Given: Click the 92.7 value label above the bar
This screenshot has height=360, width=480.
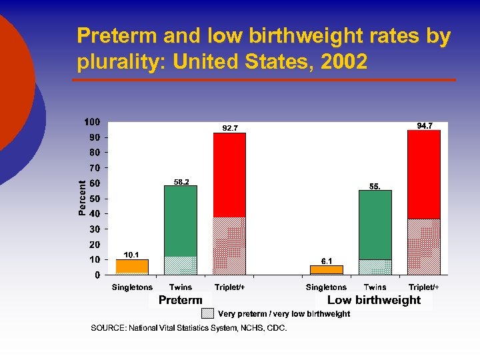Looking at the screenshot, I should (230, 128).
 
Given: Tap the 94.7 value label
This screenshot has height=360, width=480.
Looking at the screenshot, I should (425, 125).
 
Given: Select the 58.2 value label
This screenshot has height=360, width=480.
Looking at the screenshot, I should (181, 181).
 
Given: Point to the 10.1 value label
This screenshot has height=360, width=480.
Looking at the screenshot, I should (131, 255).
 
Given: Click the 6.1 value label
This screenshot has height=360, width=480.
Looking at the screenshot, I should (327, 261).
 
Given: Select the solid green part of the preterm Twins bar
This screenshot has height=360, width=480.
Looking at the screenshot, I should (181, 221).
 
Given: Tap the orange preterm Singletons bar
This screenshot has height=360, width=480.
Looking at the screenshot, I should (132, 266).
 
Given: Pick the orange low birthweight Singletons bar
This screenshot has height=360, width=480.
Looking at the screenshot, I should (327, 269).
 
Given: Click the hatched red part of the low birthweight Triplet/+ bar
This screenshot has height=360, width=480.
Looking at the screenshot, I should (424, 247).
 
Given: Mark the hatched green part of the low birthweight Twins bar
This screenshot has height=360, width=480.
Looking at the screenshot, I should (375, 267).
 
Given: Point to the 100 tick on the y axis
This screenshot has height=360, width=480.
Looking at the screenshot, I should (92, 122).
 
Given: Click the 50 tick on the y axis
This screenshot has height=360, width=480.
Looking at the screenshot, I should (95, 199).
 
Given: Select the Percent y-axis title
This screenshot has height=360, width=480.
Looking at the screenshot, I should (82, 198).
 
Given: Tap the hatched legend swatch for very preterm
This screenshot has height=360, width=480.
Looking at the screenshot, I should (208, 313).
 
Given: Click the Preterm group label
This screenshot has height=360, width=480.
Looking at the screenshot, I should (180, 300).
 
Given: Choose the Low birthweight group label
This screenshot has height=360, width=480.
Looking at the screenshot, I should (374, 300).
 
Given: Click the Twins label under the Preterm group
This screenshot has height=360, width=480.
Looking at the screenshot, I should (181, 287).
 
